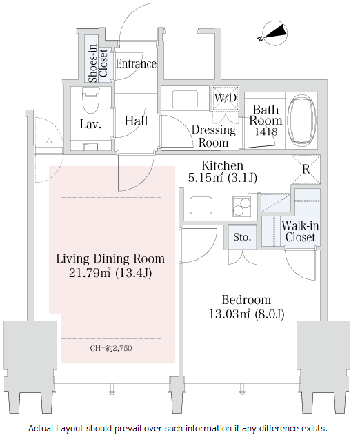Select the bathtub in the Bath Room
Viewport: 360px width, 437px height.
301,121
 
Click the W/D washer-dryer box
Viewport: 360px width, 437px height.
226,98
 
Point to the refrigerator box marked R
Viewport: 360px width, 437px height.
306,169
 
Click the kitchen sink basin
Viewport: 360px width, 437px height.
201,205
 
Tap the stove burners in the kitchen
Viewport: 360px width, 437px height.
241,206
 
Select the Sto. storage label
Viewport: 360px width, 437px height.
242,237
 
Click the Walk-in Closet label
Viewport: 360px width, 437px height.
300,232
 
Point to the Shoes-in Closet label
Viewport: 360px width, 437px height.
98,63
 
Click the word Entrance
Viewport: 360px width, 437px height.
136,64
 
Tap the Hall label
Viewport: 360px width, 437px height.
136,121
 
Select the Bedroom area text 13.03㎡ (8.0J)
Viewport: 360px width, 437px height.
246,314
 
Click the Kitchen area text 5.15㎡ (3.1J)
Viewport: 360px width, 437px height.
222,178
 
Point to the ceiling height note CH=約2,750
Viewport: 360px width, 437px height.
111,348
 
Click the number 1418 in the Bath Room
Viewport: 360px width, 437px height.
266,131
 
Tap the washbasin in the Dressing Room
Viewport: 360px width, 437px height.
185,99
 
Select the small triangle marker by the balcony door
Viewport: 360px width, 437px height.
49,141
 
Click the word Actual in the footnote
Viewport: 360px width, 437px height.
41,428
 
